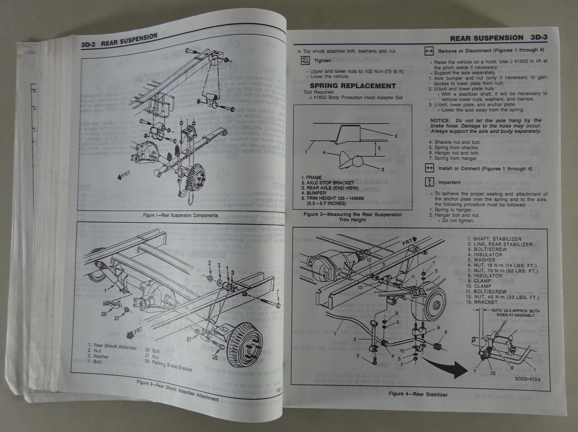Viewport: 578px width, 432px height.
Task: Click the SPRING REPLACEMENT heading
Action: pos(353,86)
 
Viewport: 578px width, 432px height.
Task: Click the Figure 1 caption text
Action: pos(180,215)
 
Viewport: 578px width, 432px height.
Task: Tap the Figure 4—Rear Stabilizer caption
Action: pos(418,394)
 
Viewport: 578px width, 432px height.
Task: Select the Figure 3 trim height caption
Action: pos(352,217)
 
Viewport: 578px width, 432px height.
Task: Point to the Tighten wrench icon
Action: pos(305,61)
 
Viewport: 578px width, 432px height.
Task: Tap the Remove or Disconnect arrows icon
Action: pos(429,52)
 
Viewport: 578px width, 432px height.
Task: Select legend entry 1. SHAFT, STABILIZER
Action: pos(494,239)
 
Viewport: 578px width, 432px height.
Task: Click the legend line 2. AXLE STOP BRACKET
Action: pos(328,183)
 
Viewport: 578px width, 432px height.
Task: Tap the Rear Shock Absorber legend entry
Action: pos(112,347)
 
